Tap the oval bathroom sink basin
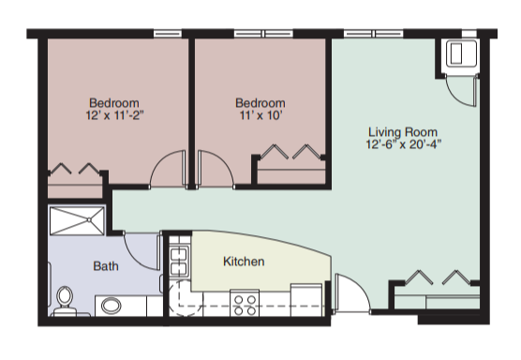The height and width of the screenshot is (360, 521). click(x=111, y=305)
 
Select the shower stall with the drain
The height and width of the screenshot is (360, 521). click(x=77, y=220)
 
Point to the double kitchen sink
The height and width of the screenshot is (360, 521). click(x=179, y=261)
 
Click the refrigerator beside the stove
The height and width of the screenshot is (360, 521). click(x=306, y=300)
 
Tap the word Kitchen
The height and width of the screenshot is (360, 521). click(x=244, y=262)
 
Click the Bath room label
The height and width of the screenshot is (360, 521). click(x=106, y=266)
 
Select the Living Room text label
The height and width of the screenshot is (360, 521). click(x=403, y=132)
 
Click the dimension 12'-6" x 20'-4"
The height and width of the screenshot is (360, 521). click(x=403, y=144)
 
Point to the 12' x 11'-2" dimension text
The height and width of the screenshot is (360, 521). click(x=115, y=115)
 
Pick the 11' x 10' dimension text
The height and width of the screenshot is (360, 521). click(x=260, y=115)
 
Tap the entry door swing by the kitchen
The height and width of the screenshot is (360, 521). click(x=361, y=287)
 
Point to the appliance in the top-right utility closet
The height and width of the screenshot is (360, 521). click(x=461, y=53)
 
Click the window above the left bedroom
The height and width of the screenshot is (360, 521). click(x=168, y=34)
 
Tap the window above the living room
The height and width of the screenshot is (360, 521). click(x=374, y=34)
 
